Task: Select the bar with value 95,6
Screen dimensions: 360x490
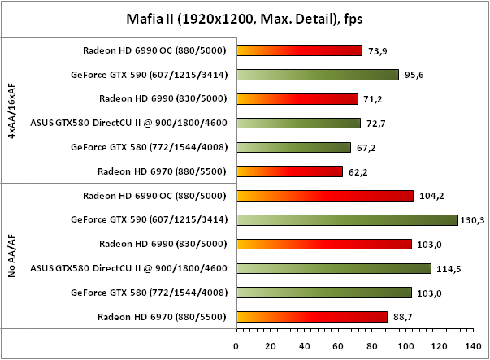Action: (x=317, y=75)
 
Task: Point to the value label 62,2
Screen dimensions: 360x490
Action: (x=357, y=171)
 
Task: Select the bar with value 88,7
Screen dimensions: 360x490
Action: (x=311, y=316)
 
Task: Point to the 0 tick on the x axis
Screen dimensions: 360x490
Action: (x=236, y=345)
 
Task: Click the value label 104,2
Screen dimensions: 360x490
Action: (x=428, y=196)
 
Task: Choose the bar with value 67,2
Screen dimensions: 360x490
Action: (x=293, y=147)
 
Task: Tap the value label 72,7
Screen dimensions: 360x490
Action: (x=375, y=124)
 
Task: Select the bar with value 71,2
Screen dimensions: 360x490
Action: (x=297, y=99)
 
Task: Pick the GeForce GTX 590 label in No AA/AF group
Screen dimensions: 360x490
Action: (x=149, y=219)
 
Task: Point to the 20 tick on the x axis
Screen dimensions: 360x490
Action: (x=271, y=345)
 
